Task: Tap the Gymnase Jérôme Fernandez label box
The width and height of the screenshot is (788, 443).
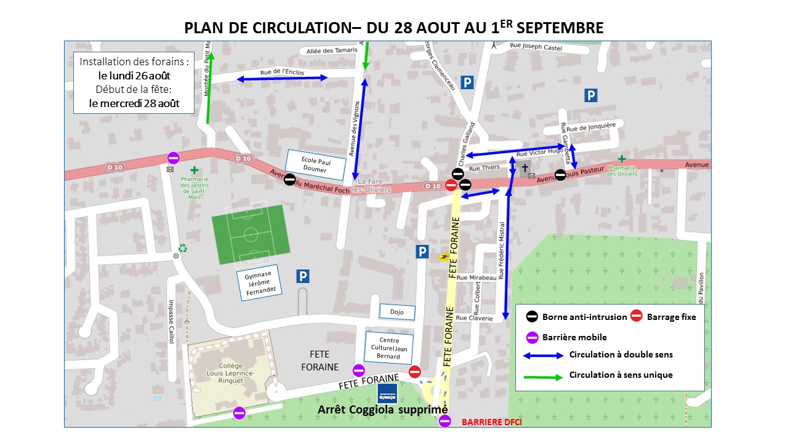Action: pos(258,284)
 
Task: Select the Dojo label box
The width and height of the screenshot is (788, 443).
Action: pos(396,312)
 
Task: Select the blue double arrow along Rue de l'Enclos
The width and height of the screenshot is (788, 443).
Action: pos(283,78)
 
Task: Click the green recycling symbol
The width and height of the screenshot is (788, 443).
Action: pos(183,249)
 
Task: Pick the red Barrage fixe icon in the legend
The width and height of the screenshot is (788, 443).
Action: pos(637,316)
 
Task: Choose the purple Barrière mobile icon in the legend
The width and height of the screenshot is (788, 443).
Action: pos(533,337)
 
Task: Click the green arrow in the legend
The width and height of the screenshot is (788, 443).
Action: pos(543,375)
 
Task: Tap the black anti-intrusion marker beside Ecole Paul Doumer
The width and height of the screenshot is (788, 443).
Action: pos(289,179)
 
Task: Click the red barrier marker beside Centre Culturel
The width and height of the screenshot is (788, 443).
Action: pos(415,371)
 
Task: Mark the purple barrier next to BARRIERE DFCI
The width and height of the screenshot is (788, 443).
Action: pos(445,421)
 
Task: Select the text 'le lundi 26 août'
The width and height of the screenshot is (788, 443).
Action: pos(134,76)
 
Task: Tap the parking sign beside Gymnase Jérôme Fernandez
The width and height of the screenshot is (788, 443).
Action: pos(302,277)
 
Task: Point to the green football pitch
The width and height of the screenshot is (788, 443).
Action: pos(251,234)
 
